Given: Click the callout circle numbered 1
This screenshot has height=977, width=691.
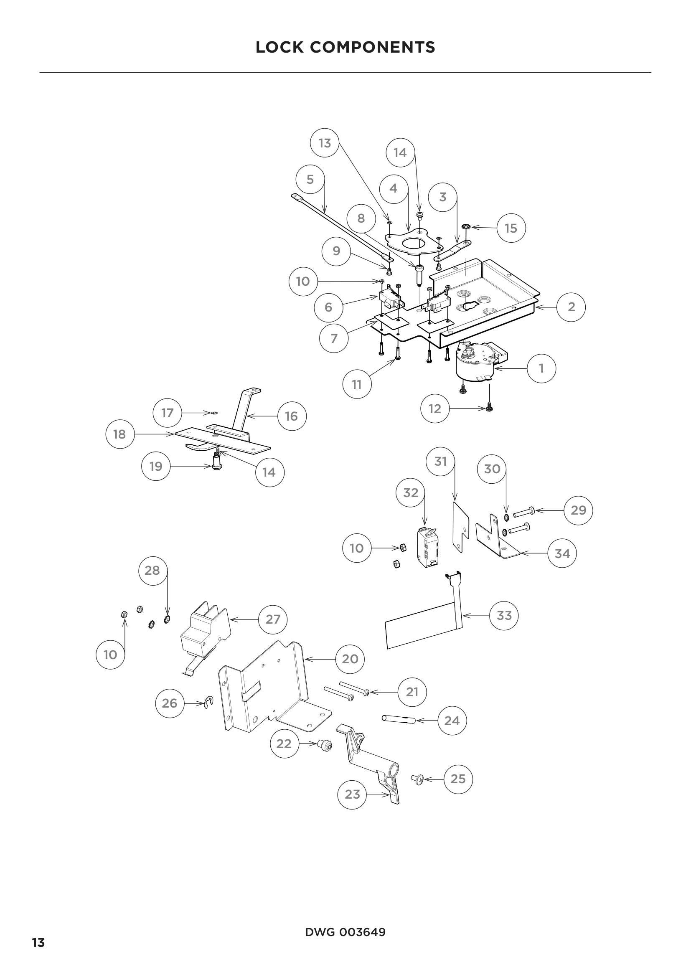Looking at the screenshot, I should click(x=541, y=368).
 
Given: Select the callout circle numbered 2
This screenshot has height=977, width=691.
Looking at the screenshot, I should click(x=571, y=307).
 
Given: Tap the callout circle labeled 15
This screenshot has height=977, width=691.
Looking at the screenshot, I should click(x=511, y=228).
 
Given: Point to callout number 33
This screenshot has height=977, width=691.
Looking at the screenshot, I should click(x=504, y=615).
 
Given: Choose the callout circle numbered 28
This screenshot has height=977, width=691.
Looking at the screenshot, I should click(x=152, y=570).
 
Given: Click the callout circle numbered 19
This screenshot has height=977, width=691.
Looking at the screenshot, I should click(x=156, y=467).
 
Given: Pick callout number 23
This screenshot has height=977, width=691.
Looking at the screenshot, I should click(x=352, y=794).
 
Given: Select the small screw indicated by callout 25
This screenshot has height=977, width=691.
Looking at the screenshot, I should click(x=417, y=779).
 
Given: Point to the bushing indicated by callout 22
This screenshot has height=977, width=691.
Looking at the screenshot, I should click(x=325, y=745).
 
